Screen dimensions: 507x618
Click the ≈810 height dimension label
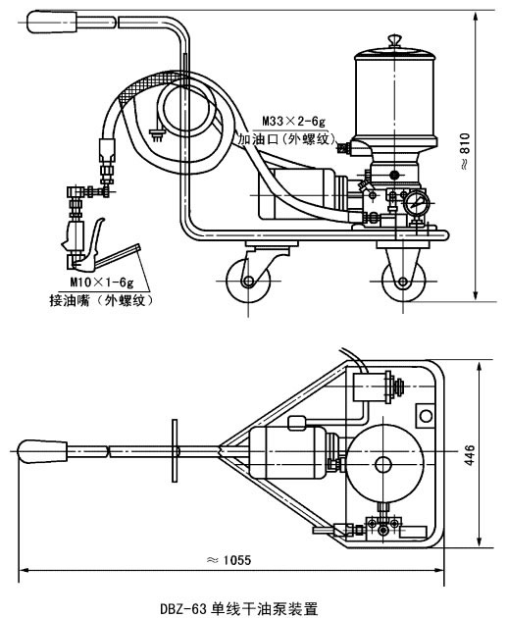click(465, 151)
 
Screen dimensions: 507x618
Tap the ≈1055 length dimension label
click(228, 560)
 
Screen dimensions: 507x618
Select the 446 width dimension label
click(470, 454)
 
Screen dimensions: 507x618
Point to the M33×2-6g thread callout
click(294, 121)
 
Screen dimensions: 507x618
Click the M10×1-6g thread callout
click(102, 282)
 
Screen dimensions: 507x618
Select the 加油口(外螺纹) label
click(287, 138)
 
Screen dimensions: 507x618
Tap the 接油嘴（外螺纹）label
click(101, 301)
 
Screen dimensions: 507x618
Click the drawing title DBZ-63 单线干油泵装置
click(238, 608)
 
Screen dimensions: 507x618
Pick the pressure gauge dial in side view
click(417, 203)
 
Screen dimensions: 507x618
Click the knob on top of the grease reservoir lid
click(394, 40)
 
